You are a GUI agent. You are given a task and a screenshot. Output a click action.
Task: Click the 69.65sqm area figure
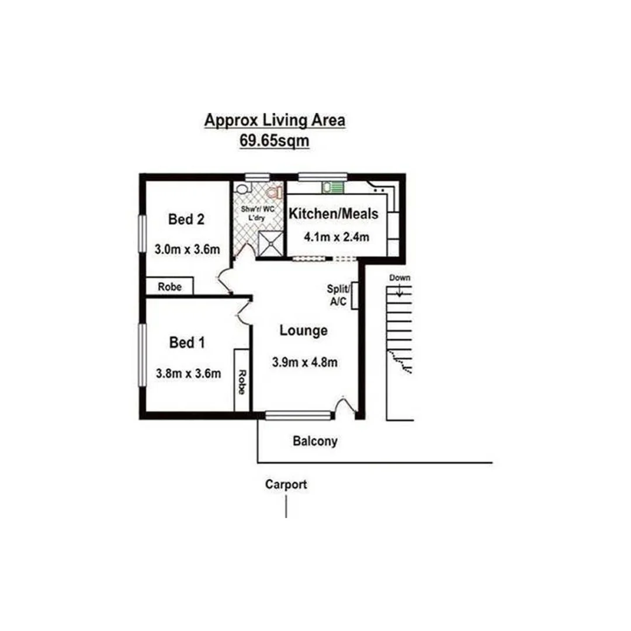(274, 141)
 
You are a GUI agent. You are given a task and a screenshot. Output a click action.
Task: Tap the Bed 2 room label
(186, 219)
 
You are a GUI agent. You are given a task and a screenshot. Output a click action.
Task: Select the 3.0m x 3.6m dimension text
(186, 249)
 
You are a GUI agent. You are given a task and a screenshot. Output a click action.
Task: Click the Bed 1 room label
(186, 342)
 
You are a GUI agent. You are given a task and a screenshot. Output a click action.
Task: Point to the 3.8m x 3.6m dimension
(188, 373)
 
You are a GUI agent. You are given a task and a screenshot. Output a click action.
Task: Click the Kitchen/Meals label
(334, 214)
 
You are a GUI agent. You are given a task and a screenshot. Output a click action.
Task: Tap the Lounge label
(303, 331)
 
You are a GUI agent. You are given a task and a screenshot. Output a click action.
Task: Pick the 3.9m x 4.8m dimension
(304, 362)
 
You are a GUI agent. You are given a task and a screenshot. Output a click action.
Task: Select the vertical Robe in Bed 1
(241, 380)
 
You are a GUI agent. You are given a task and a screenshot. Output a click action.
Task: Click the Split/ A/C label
(338, 295)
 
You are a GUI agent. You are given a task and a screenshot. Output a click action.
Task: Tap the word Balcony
(315, 441)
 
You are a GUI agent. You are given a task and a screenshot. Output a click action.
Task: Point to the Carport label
(286, 484)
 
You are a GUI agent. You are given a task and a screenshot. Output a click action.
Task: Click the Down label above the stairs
(400, 278)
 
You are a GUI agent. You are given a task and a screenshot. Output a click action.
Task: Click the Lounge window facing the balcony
(298, 415)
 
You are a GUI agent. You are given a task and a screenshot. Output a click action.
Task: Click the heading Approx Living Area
(274, 120)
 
